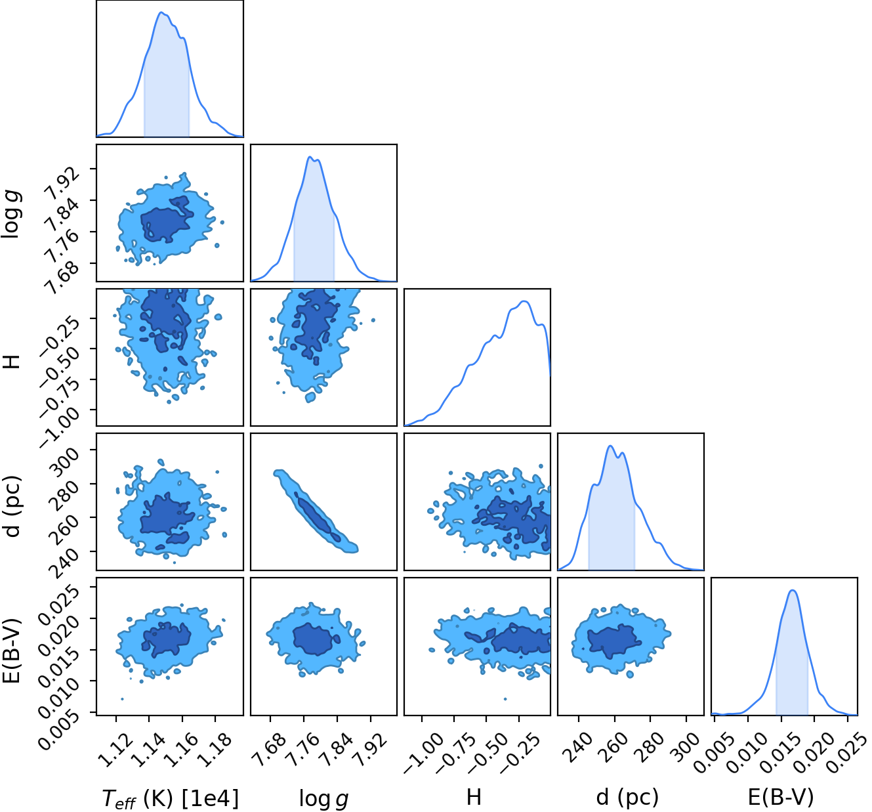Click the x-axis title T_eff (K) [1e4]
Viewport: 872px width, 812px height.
(x=171, y=798)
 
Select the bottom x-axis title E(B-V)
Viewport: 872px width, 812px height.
(x=781, y=797)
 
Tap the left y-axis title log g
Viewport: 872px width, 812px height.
(x=12, y=214)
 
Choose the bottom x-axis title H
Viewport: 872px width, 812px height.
(x=474, y=797)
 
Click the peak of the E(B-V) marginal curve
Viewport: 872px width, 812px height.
(x=793, y=589)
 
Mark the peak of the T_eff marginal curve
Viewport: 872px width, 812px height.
(x=161, y=12)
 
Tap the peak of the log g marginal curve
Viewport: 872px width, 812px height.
(x=310, y=156)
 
